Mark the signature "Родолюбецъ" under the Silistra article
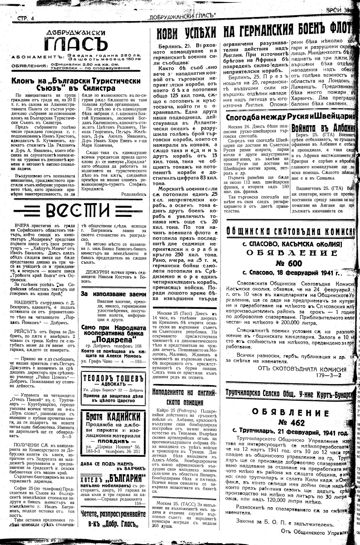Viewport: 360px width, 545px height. coord(134,194)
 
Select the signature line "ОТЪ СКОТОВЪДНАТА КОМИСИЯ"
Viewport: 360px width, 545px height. coord(302,369)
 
